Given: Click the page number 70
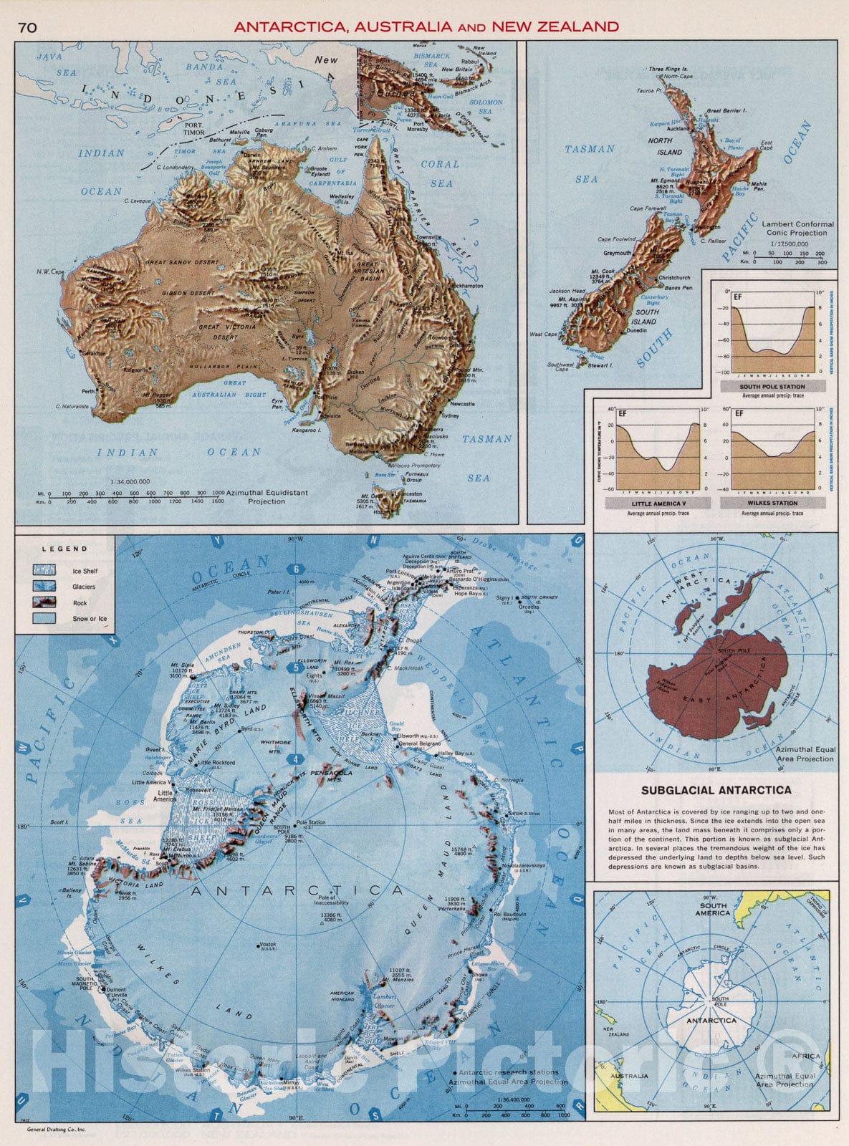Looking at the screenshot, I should click(x=28, y=27).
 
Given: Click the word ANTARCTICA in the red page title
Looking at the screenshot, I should click(x=289, y=27).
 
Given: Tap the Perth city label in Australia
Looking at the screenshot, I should click(x=88, y=392).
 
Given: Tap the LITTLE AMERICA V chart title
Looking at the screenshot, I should click(x=657, y=504).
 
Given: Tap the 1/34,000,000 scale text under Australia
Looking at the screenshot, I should click(x=130, y=481).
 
